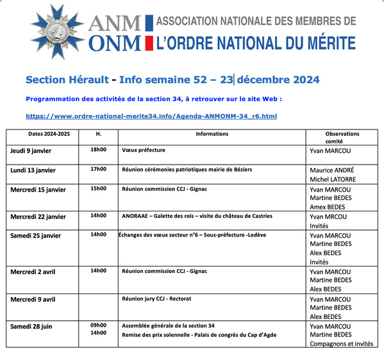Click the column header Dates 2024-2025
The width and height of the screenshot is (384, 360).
point(49,134)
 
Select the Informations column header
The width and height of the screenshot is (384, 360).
point(212,134)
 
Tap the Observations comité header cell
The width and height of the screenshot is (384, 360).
point(342,137)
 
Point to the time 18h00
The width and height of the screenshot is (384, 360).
point(98,150)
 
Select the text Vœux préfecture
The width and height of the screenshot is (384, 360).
point(144,150)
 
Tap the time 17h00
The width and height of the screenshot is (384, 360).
point(98,169)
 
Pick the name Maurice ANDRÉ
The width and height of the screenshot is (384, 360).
point(331,170)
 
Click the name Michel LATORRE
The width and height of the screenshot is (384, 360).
point(332,180)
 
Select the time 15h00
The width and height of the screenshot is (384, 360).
point(98,188)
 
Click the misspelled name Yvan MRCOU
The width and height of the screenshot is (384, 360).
point(330,217)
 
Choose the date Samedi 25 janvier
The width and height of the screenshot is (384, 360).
point(35,236)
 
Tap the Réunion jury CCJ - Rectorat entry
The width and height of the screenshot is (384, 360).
point(156,299)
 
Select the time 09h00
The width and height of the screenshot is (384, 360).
point(98,325)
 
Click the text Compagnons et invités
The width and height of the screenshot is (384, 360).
point(341,343)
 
